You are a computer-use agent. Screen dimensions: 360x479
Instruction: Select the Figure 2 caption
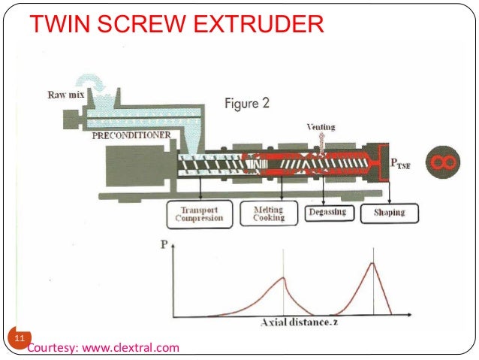247,104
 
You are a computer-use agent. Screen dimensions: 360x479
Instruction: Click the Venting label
320,128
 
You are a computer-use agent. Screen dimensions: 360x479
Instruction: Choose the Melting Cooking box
268,213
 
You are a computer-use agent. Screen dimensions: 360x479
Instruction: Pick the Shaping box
390,213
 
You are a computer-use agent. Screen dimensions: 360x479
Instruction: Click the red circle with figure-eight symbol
441,162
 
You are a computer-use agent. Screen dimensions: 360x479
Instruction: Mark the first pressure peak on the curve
283,277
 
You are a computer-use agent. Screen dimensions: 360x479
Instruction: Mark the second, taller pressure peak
373,262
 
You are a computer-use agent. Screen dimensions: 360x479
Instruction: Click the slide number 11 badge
15,336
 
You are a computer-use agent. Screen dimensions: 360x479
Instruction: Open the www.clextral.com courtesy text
103,347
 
